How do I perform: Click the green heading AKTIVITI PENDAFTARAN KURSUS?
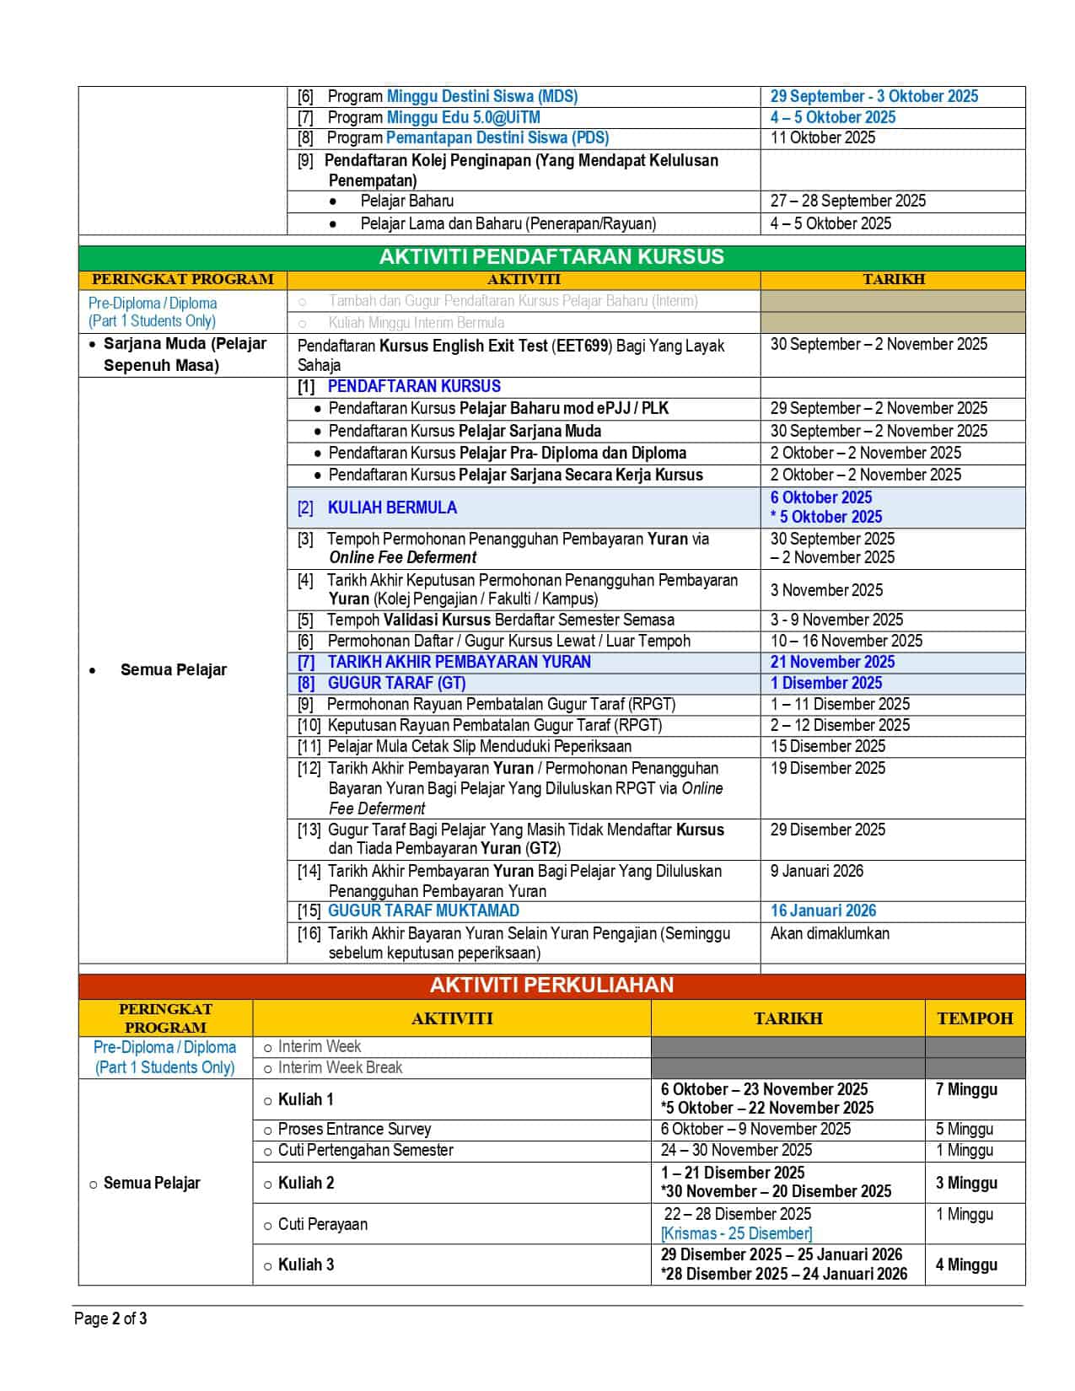point(551,257)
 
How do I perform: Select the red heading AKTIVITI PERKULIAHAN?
point(551,986)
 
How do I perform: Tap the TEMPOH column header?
point(975,1018)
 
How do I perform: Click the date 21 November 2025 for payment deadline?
point(832,663)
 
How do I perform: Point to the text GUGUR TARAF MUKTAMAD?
point(423,910)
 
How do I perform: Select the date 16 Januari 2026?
point(823,910)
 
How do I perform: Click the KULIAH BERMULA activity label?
point(392,508)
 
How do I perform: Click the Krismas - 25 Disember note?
point(736,1233)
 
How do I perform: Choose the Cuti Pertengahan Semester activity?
point(365,1150)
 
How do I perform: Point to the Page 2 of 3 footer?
point(110,1318)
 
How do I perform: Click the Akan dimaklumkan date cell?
point(830,933)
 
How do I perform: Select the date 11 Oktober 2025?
point(823,137)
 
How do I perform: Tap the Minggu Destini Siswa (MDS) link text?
point(481,96)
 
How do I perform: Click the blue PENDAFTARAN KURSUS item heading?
point(414,386)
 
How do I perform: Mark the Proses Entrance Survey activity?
point(354,1129)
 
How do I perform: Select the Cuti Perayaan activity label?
point(322,1224)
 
